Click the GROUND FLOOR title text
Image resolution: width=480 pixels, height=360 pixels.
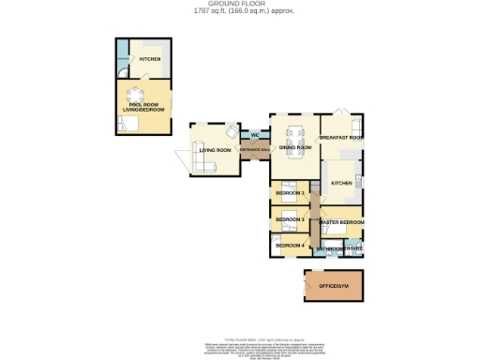240,5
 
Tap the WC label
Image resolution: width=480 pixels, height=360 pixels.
254,136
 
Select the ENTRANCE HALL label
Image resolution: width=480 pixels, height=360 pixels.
254,149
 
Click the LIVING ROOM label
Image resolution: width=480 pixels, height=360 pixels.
215,149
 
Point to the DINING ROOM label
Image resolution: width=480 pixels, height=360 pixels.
294,147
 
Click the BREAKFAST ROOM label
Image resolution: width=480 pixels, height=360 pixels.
341,138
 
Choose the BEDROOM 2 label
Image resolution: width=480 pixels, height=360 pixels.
290,193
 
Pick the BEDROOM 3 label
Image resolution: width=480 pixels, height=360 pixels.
290,219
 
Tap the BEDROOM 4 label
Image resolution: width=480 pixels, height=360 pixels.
290,246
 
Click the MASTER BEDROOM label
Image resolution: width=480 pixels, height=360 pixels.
341,222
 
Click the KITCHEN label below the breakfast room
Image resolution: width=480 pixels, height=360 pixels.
340,183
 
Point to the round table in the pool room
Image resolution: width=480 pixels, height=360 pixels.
136,94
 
